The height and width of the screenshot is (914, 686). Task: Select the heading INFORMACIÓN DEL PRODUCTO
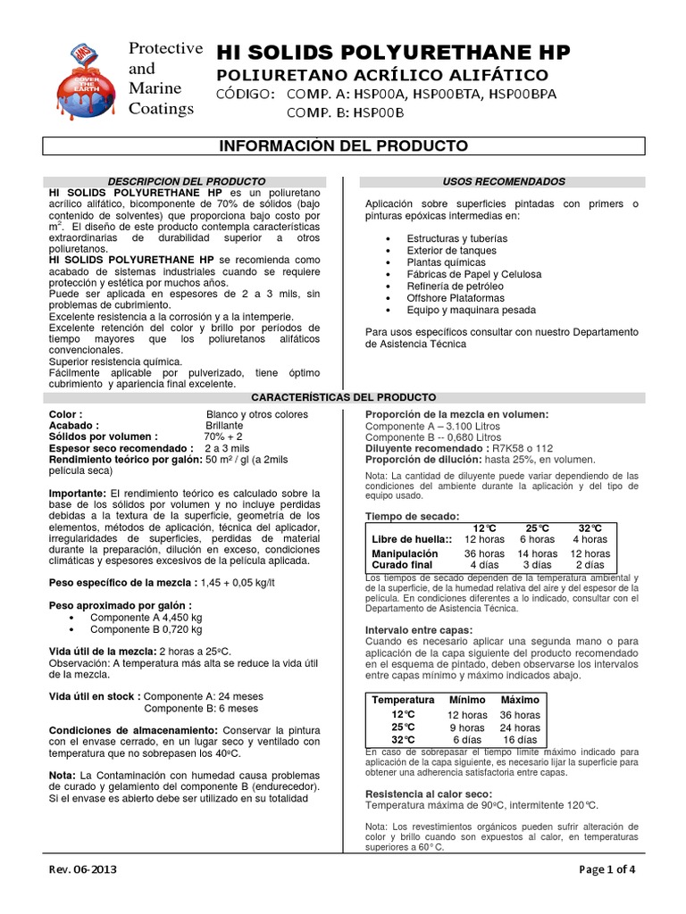click(x=344, y=145)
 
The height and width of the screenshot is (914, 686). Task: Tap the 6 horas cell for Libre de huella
click(x=538, y=539)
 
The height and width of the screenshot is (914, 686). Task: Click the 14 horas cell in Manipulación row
click(x=538, y=553)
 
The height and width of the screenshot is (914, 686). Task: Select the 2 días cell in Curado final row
click(x=590, y=565)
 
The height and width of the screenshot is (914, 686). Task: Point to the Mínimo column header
click(x=467, y=699)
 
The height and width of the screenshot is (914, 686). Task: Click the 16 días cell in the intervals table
click(x=520, y=740)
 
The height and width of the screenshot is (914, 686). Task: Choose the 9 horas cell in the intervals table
click(x=467, y=727)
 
